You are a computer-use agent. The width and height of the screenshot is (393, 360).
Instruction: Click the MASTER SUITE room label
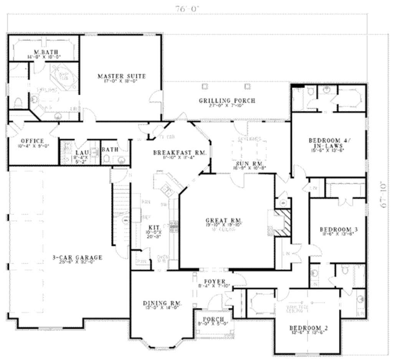121,76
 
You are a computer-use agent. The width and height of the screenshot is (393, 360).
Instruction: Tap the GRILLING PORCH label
227,101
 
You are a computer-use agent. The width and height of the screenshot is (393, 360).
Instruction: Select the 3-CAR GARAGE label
78,258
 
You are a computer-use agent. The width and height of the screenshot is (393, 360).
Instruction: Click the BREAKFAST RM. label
180,153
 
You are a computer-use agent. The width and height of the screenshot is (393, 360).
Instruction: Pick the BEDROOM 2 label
308,328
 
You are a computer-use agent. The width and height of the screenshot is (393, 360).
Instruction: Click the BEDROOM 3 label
339,230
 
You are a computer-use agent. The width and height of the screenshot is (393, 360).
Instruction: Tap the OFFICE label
32,141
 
